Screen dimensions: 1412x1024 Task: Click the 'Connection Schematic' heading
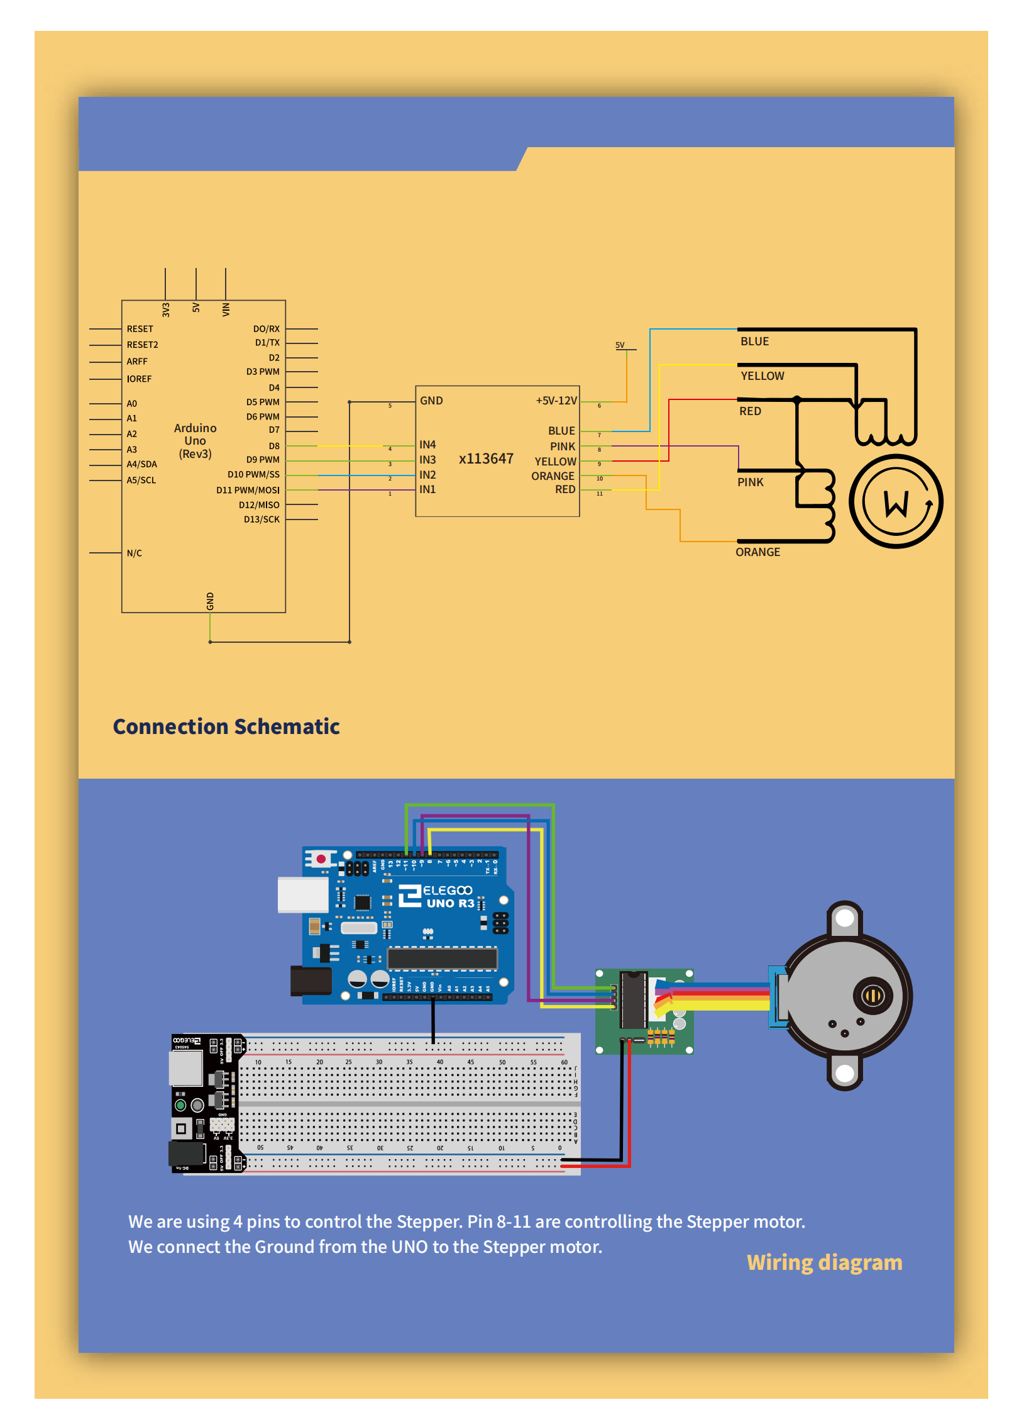[x=226, y=726]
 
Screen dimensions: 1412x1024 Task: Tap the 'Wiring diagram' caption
[x=824, y=1262]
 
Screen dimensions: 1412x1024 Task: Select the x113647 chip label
[x=486, y=459]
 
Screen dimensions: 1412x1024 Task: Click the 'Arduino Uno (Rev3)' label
[x=195, y=441]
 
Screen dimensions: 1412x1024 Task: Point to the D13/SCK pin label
[x=262, y=520]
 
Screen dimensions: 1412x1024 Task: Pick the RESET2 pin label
[x=142, y=345]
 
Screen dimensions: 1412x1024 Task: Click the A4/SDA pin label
[x=141, y=464]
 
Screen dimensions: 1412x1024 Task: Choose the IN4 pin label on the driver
[x=427, y=445]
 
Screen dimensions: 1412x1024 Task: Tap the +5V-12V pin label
[x=556, y=401]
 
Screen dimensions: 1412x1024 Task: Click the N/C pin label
[x=134, y=553]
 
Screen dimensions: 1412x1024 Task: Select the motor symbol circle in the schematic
[x=896, y=502]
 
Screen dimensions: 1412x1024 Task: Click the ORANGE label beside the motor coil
[x=757, y=552]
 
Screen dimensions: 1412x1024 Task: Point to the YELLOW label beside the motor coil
[x=762, y=376]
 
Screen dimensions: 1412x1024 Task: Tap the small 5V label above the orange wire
[x=620, y=345]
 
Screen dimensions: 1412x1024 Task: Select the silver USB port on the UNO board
[x=303, y=894]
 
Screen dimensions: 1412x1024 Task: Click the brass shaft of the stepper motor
[x=873, y=995]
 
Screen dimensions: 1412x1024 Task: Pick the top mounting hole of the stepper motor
[x=845, y=918]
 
